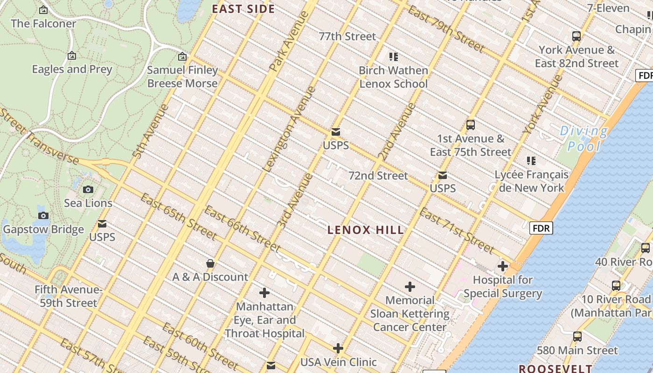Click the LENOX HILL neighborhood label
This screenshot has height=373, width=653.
[x=366, y=230]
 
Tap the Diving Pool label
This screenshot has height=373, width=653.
[x=584, y=138]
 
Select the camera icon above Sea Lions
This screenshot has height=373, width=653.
[x=88, y=189]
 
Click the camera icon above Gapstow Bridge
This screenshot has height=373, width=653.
[x=43, y=215]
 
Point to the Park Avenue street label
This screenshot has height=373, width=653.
[x=289, y=41]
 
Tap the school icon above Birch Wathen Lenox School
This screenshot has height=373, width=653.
[x=394, y=57]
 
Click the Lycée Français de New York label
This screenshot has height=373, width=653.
[x=531, y=181]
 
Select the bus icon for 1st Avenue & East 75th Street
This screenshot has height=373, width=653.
[x=471, y=125]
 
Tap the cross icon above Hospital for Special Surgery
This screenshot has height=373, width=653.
[x=502, y=267]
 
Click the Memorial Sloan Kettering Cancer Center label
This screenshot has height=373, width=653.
[x=410, y=313]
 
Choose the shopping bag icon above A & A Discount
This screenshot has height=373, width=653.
[x=210, y=263]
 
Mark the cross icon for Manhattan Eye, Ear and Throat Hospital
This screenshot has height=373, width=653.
[x=264, y=293]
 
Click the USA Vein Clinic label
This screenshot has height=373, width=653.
[x=338, y=362]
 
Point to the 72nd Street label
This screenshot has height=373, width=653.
[x=378, y=176]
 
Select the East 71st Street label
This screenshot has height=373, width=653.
[x=456, y=230]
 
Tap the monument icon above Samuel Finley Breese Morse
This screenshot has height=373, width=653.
[x=182, y=57]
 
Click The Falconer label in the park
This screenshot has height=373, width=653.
[x=43, y=23]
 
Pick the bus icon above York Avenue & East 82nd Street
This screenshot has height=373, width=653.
[x=577, y=36]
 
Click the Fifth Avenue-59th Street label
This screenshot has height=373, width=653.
[x=68, y=296]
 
